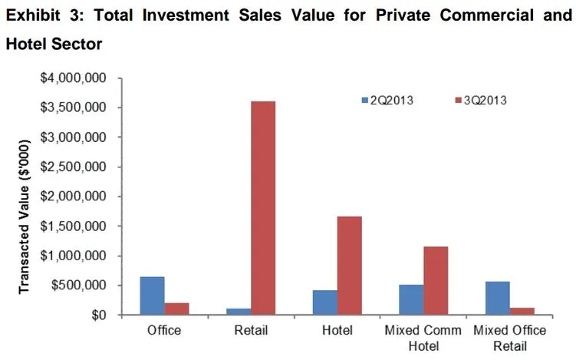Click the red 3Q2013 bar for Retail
click(262, 208)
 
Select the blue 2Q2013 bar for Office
click(153, 296)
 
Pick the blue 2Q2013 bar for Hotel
click(325, 302)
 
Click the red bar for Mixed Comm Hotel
click(436, 280)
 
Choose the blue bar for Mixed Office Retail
click(498, 298)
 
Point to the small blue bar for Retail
click(239, 312)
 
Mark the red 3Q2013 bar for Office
click(177, 309)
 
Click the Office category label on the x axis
click(164, 331)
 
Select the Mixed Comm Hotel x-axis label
click(424, 338)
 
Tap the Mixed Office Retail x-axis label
click(510, 338)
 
